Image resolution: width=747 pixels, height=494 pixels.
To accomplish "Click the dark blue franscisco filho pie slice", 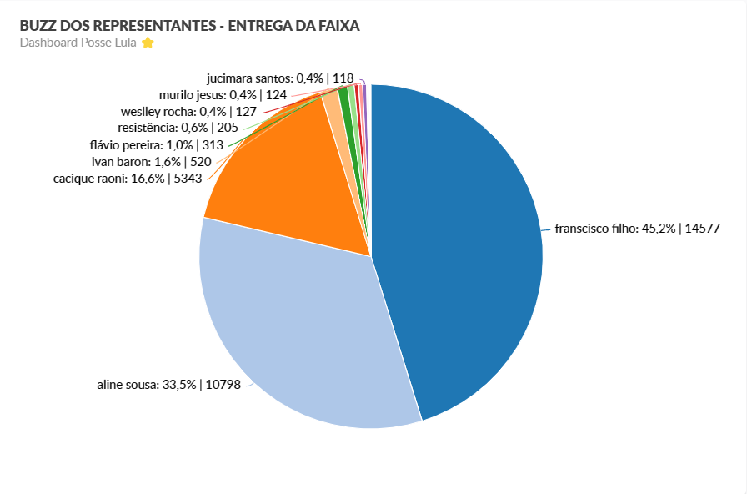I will (x=459, y=242).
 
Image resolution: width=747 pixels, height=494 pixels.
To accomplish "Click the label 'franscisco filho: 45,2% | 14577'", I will (x=637, y=228).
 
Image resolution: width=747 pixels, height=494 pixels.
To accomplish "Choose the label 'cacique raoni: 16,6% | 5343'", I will (x=128, y=179).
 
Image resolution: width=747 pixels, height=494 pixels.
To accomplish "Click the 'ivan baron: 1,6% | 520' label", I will (x=152, y=162).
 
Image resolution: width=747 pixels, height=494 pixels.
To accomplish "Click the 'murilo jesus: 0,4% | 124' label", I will (x=223, y=95).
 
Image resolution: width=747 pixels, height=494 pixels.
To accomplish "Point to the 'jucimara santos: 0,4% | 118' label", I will (x=268, y=78).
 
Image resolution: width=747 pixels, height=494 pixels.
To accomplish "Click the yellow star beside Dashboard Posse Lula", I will (x=148, y=43).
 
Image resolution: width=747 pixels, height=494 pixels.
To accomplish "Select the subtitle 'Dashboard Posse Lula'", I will (x=78, y=43).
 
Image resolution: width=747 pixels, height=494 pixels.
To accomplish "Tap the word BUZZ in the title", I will (x=38, y=26).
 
